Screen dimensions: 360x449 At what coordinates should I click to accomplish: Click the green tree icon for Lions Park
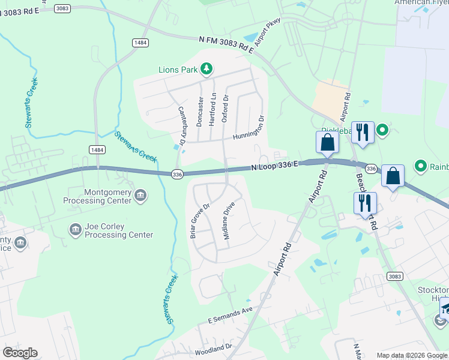[206, 70]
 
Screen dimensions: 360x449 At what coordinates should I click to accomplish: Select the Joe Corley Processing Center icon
[76, 229]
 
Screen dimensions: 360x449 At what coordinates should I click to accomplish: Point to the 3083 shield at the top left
[62, 8]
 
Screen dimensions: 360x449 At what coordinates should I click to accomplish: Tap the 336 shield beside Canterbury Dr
[176, 174]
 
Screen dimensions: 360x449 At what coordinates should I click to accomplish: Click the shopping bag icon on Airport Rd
[327, 143]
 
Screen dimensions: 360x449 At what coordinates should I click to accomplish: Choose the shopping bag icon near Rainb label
[393, 176]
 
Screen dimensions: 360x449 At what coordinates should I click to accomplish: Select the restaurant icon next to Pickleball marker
[362, 132]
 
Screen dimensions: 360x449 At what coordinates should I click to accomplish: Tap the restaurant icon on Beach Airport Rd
[364, 203]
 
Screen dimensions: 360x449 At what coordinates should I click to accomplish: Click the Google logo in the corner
[20, 353]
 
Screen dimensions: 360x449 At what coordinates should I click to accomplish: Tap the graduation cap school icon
[445, 308]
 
